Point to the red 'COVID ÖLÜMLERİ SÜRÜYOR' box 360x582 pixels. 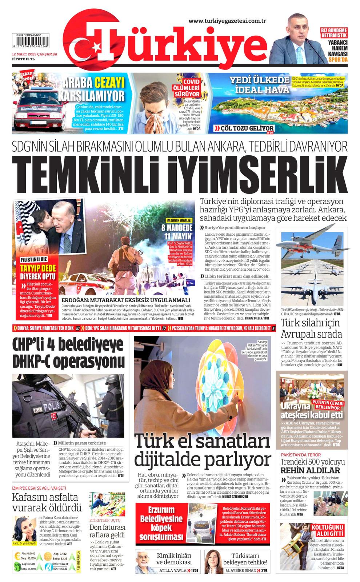pos(192,87)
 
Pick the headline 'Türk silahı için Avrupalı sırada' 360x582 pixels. pos(311,328)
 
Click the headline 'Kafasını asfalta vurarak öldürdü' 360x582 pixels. pos(47,502)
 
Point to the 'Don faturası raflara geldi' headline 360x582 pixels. pos(107,531)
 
